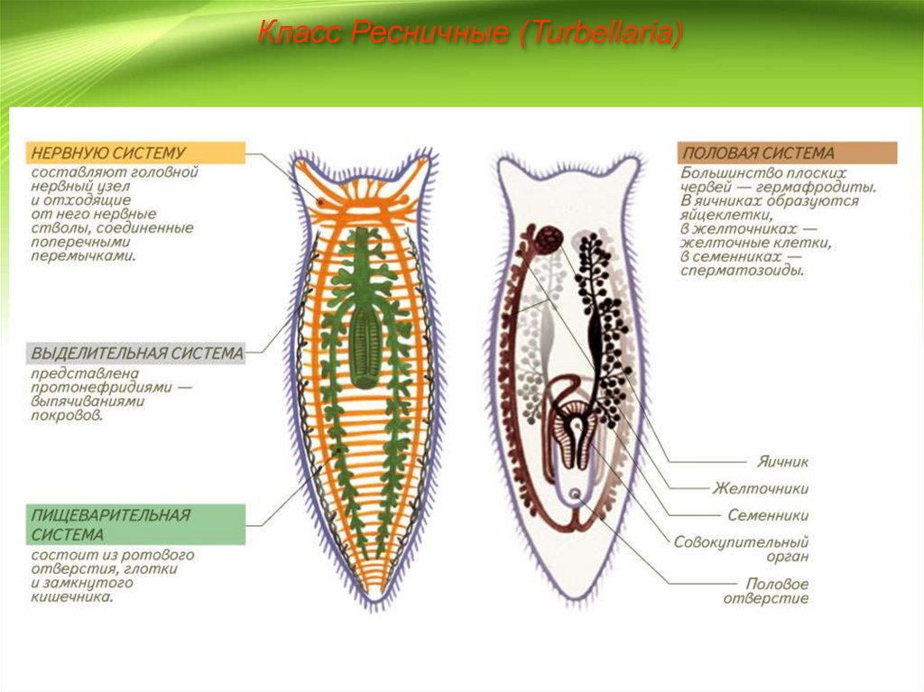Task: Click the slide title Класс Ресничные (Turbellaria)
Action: coord(469,34)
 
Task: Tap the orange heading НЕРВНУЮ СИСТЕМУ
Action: coord(107,153)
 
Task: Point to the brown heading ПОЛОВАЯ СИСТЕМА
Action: coord(758,153)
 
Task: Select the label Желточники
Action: coord(761,488)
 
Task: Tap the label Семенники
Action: coord(767,515)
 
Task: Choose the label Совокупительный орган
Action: coord(741,549)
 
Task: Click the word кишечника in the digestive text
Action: coord(72,596)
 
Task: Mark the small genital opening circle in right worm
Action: coord(575,494)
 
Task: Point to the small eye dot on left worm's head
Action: coord(320,203)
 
